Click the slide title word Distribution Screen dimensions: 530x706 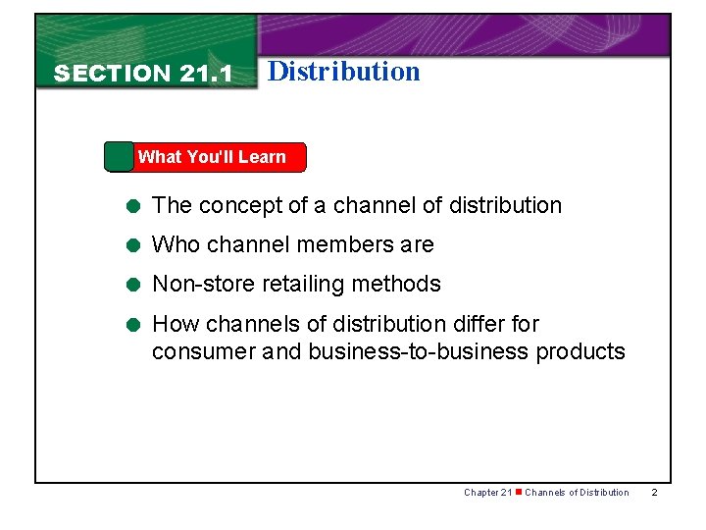pyautogui.click(x=343, y=71)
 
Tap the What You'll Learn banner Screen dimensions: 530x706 pyautogui.click(x=211, y=157)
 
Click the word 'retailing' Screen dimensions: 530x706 pyautogui.click(x=295, y=285)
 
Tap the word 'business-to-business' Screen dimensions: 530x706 pyautogui.click(x=419, y=351)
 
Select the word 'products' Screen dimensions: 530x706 pyautogui.click(x=580, y=351)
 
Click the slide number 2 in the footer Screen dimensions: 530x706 pyautogui.click(x=655, y=492)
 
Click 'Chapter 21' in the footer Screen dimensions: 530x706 pyautogui.click(x=486, y=492)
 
